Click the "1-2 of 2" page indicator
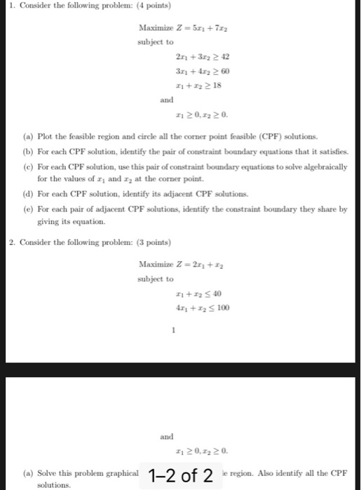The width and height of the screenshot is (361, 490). coord(181,476)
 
